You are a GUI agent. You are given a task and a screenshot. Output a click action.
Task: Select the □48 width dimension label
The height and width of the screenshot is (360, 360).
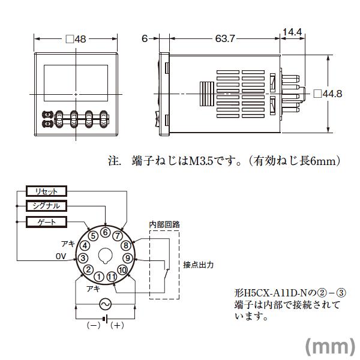pos(76,39)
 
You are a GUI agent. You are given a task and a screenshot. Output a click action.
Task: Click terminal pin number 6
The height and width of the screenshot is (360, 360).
pos(106,233)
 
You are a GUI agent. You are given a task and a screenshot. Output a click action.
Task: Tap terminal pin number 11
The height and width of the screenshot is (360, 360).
pos(112,277)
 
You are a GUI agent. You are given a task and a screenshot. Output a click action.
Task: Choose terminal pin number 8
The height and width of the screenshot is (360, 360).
pos(125,245)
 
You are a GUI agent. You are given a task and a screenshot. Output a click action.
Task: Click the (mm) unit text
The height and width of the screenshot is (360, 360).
pos(331,346)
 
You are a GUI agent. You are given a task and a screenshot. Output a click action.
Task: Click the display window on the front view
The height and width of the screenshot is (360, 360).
pos(76,78)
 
